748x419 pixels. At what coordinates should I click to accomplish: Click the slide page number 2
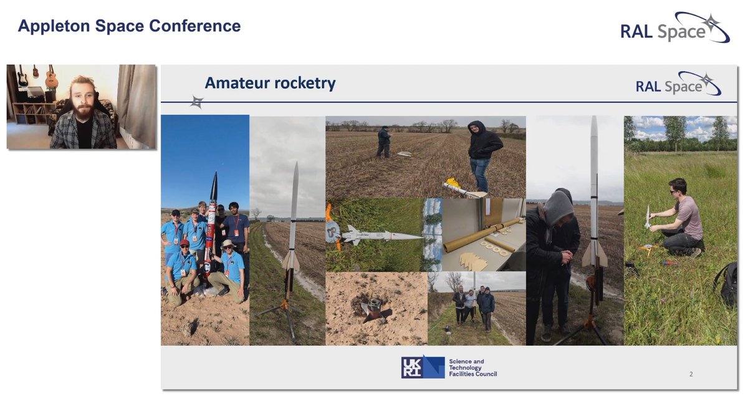pyautogui.click(x=691, y=374)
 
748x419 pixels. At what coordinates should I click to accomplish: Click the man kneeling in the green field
pyautogui.click(x=679, y=218)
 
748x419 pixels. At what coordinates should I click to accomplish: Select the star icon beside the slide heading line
pyautogui.click(x=197, y=102)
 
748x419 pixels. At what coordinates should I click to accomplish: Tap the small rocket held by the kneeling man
pyautogui.click(x=648, y=216)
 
